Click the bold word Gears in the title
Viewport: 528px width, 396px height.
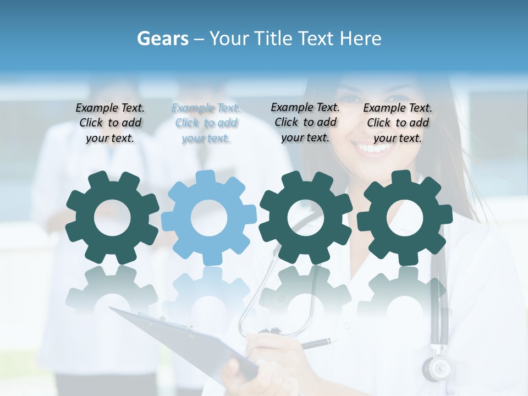click(163, 38)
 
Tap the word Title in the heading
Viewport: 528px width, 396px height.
click(273, 38)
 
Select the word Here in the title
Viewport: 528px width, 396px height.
click(360, 38)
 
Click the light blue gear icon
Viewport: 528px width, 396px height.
click(209, 218)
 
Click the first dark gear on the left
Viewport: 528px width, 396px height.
click(112, 218)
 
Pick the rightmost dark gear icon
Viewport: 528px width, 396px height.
click(405, 218)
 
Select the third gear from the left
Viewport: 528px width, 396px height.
click(306, 218)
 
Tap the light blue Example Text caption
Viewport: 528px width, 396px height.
click(206, 123)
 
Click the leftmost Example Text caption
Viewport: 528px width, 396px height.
click(110, 123)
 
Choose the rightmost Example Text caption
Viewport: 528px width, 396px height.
click(398, 123)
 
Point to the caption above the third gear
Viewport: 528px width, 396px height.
click(305, 122)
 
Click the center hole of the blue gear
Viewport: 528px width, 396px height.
click(209, 218)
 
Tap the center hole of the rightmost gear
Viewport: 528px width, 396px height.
click(405, 218)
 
